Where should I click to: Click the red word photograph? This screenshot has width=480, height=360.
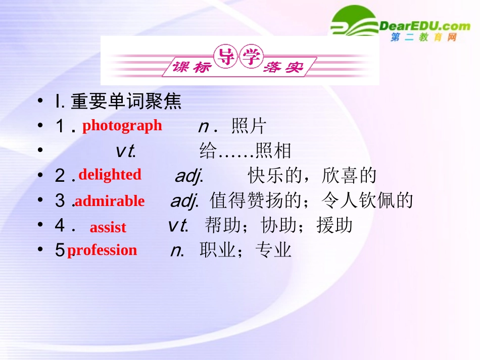pos(122,126)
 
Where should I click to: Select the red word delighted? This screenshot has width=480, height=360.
pos(110,175)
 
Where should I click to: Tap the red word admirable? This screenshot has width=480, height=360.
pos(110,201)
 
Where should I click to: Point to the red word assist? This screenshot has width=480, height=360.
pos(108,227)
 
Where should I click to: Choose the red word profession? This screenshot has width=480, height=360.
pos(102,250)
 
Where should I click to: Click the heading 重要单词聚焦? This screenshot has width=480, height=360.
pos(126,102)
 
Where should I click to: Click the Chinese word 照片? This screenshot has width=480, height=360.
pos(249,126)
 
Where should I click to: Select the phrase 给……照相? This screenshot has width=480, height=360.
pos(246,150)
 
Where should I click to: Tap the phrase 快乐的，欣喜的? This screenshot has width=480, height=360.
pos(312,175)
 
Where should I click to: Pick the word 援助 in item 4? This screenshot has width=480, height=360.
pos(334,225)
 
